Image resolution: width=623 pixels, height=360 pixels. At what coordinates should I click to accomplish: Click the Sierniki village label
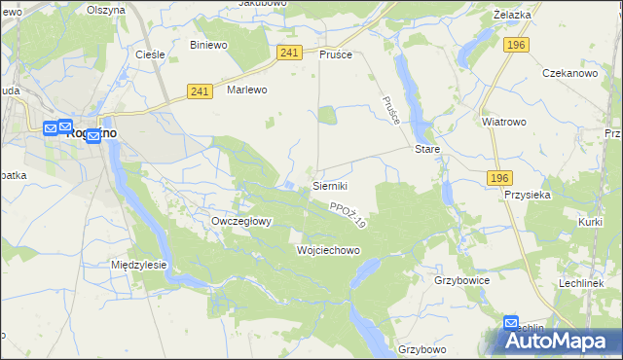[x=329, y=185]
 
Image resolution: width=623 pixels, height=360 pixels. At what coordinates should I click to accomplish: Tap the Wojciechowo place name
[x=328, y=250]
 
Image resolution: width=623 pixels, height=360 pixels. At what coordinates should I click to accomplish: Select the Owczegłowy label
[x=241, y=221]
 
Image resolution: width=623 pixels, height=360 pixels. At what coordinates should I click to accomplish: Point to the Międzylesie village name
[x=139, y=265]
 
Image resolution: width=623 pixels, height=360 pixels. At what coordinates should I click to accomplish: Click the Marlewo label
[x=246, y=90]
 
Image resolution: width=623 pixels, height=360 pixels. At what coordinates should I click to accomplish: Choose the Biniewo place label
[x=208, y=45]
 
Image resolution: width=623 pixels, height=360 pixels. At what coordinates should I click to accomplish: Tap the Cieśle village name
[x=149, y=54]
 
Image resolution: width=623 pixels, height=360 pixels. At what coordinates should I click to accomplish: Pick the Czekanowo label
[x=569, y=74]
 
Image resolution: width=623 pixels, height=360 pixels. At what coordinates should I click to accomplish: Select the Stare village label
[x=427, y=150]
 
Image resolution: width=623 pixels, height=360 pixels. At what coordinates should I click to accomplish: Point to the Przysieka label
[x=528, y=194]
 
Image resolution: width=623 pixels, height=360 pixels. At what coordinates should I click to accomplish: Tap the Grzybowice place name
[x=461, y=279]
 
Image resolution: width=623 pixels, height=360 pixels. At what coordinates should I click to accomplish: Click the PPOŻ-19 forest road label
[x=348, y=215]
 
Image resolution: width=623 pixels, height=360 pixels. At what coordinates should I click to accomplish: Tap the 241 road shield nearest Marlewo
[x=201, y=91]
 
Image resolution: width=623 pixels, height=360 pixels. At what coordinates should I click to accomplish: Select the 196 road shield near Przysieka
[x=499, y=177]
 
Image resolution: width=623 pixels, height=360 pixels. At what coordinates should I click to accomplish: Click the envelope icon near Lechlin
[x=512, y=323]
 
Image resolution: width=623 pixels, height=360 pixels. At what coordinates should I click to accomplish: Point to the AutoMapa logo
[x=559, y=342]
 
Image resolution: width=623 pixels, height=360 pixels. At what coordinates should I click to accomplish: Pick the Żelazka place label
[x=512, y=15]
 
